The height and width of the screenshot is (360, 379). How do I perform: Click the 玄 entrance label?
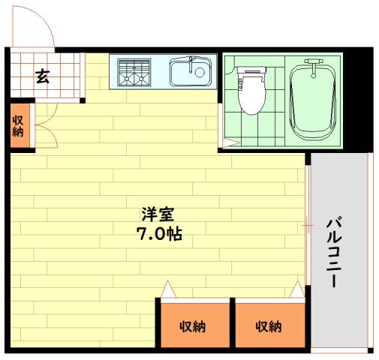[x=43, y=76]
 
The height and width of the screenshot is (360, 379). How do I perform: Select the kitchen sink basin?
[x=188, y=73]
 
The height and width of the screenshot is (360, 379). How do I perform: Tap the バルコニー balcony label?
[x=335, y=251]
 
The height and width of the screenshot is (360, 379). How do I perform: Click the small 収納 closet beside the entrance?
[x=18, y=125]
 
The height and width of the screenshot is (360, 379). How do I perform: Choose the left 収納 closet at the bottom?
[x=193, y=326]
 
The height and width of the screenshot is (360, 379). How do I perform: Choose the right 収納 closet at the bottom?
[x=269, y=326]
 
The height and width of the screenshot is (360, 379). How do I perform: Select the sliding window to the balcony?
[x=307, y=225]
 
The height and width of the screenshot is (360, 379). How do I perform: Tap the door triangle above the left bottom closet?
[x=168, y=289]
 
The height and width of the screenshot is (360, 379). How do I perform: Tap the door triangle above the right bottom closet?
[x=299, y=289]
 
